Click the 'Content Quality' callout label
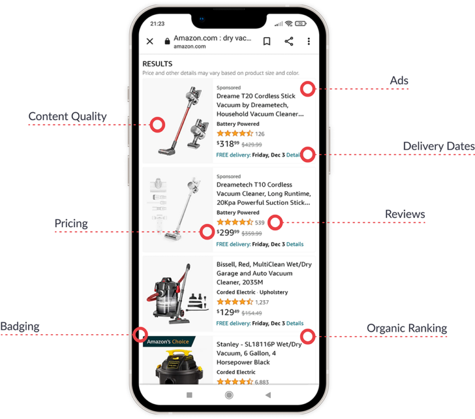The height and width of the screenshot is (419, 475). tap(67, 116)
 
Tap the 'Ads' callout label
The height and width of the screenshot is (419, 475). tap(399, 81)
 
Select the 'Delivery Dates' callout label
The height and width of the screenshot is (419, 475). tap(439, 147)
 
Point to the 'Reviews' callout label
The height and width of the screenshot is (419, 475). tap(405, 214)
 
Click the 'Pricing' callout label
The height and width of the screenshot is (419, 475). tap(71, 223)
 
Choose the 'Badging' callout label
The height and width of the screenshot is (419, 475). tap(20, 326)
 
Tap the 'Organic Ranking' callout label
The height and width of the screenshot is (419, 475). tap(406, 328)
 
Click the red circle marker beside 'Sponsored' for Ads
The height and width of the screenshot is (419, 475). tap(307, 89)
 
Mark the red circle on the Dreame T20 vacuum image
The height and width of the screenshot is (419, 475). tap(158, 124)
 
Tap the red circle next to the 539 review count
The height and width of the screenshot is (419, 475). tap(275, 222)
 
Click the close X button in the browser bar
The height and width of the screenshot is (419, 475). tap(150, 41)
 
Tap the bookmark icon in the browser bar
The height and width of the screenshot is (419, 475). tap(267, 41)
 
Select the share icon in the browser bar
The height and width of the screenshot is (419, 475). tap(289, 41)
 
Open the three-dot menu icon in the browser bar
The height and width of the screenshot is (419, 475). tap(309, 41)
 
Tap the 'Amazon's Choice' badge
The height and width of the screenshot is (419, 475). tap(168, 342)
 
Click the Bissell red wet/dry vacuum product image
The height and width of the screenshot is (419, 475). tap(177, 291)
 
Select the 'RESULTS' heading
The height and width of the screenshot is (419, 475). tap(157, 64)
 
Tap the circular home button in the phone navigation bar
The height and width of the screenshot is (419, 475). tap(229, 395)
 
